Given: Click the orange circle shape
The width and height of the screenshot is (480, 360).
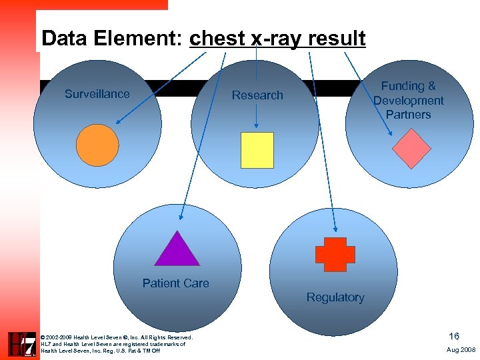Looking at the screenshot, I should pos(97,145).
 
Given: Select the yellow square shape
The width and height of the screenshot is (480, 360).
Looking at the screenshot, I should pos(257,150).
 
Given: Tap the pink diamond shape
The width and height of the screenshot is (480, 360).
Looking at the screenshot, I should pos(411,149).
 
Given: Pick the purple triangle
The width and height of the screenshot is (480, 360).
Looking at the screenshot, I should pos(177,250).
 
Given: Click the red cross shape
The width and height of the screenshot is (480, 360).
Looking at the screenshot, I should pos(331,255).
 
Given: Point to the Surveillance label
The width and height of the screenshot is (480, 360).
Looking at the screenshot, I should pos(97,94).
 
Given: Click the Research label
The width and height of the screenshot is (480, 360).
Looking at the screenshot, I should pos(257,95).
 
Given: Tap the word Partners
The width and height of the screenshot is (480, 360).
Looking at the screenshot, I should pos(408,115).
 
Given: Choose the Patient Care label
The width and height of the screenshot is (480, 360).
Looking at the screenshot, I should pos(175,283).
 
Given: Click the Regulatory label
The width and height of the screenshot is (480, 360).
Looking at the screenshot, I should pos(335,297).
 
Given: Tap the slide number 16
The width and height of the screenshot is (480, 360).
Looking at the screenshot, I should pos(454,337).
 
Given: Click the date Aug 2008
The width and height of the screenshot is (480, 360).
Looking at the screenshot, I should pos(461,349).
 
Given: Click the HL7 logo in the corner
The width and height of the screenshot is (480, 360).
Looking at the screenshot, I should pos(21,344).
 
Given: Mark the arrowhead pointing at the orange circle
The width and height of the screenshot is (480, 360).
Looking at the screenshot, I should pos(118,122).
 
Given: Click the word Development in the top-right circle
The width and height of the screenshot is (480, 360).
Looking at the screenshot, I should pos(408,101).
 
